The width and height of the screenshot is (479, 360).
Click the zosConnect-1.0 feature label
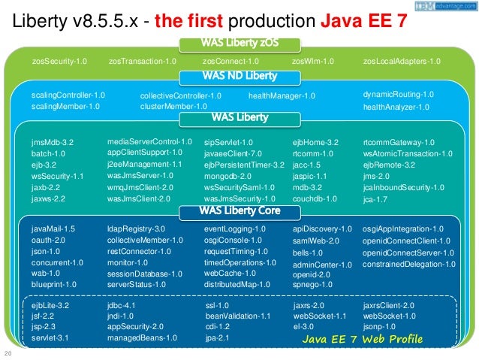[x=230, y=61]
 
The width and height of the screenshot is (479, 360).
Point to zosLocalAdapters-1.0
[x=401, y=61]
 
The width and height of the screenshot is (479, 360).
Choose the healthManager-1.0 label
[x=282, y=95]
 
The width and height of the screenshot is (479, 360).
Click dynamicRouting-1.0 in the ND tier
[x=398, y=95]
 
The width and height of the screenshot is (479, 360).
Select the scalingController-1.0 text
[x=68, y=95]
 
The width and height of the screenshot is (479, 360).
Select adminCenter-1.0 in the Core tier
[x=322, y=265]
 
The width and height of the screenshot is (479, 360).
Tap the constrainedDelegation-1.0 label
[x=408, y=264]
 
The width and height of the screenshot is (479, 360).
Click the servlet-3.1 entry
[x=50, y=338]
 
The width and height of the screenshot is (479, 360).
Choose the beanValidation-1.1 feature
[x=237, y=316]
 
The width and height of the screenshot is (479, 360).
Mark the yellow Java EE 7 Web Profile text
[x=363, y=340]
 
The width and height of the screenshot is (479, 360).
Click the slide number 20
[x=8, y=354]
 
